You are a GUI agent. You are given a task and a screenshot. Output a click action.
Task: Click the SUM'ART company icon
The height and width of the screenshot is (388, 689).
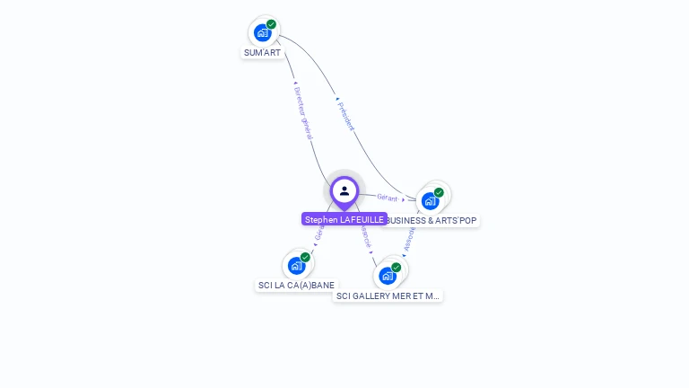[x=262, y=33]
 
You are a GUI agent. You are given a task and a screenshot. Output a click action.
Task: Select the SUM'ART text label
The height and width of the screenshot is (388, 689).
[x=263, y=53]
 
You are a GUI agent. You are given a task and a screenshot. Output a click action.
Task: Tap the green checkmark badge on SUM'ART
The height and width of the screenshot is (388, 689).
[x=271, y=24]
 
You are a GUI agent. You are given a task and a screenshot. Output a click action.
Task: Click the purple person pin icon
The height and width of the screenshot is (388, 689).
[x=344, y=191]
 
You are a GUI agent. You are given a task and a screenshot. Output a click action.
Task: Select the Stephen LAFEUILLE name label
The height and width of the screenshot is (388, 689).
[x=344, y=219]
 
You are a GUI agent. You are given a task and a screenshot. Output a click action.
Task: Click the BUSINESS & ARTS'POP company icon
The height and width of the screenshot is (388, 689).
[x=430, y=201]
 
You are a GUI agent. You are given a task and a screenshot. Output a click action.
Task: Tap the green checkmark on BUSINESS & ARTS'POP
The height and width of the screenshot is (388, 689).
[x=439, y=192]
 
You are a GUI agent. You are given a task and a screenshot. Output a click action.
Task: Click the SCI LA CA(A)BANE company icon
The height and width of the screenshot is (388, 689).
[x=296, y=266]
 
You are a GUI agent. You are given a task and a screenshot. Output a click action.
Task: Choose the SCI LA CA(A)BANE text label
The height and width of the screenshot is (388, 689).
[x=296, y=286]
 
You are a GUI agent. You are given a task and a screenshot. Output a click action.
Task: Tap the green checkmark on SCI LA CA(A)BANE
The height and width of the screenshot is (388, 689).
[x=305, y=258]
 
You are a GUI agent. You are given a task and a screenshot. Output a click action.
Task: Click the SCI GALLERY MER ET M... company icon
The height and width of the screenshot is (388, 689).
[x=387, y=276]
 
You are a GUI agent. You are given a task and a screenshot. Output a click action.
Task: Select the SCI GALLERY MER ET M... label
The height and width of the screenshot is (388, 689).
[x=388, y=295]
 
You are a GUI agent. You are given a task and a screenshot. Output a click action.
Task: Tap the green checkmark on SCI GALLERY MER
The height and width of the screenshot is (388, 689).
[x=396, y=268]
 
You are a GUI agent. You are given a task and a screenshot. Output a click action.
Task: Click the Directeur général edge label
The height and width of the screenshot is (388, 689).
[x=302, y=113]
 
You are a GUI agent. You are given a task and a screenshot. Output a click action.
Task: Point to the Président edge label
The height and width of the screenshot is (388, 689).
[x=345, y=116]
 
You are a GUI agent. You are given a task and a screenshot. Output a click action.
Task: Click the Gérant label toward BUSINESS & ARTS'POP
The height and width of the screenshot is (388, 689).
[x=388, y=197]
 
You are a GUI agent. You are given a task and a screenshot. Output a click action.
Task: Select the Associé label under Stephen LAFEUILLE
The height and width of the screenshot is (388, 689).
[x=365, y=235]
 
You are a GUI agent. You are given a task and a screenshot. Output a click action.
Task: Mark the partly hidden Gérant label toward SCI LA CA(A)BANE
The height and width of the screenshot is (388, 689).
[x=318, y=234]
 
